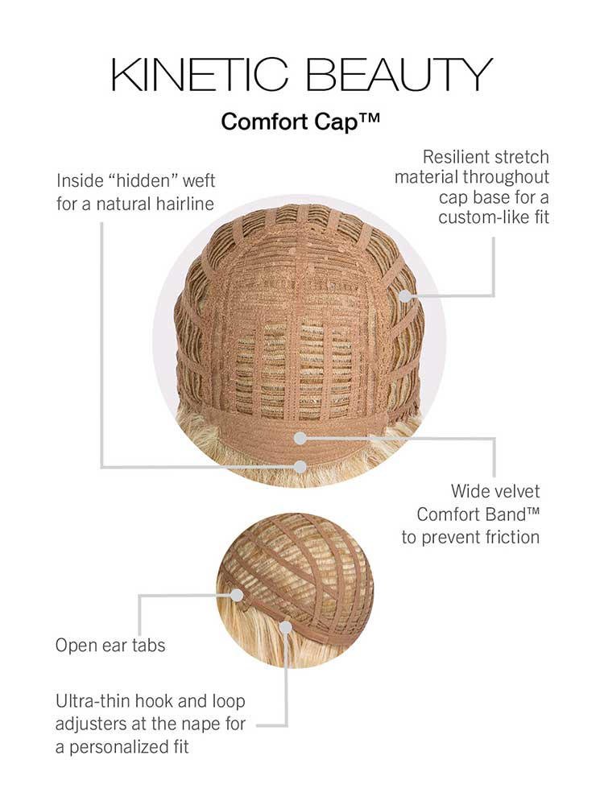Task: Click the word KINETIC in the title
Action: (199, 74)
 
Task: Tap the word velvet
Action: (514, 491)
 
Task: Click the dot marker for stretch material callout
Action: (405, 295)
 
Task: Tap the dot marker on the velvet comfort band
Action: (301, 438)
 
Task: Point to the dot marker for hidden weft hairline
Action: (301, 467)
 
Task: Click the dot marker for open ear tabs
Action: (236, 595)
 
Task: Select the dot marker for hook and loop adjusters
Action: (286, 627)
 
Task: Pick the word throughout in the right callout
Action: (507, 177)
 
